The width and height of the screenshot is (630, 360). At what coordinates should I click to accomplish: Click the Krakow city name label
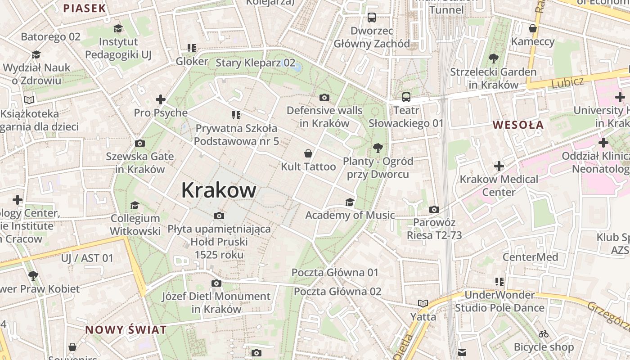point(219,190)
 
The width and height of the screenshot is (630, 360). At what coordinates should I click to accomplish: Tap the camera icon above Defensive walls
point(324,97)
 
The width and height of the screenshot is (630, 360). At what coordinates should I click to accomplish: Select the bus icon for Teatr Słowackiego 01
point(406,97)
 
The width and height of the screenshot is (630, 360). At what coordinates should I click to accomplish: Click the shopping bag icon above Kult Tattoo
point(308,153)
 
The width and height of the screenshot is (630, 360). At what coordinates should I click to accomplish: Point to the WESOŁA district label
point(518,125)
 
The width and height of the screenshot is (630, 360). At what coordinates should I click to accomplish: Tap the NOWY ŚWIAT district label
point(126,329)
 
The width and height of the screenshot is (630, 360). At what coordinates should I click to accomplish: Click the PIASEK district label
point(85,8)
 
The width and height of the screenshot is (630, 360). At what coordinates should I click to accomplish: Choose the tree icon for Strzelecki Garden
point(494,58)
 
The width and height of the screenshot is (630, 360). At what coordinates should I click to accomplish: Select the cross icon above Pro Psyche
point(161,99)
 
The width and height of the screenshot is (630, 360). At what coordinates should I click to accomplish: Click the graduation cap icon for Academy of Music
point(350,202)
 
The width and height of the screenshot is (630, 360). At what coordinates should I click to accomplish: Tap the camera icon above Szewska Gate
point(140,143)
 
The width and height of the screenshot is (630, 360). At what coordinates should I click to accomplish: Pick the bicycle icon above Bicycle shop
point(544,334)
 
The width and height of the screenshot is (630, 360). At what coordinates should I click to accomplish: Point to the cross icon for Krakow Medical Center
point(499,166)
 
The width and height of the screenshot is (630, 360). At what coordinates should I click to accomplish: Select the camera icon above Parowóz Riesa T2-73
point(434,209)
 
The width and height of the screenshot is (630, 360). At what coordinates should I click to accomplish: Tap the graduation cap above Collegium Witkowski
point(135,205)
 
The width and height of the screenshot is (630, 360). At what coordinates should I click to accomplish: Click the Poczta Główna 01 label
point(335,272)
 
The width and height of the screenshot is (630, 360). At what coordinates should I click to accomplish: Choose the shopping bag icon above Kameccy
point(533,28)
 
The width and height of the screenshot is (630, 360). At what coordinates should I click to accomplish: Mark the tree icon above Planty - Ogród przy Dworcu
point(378,148)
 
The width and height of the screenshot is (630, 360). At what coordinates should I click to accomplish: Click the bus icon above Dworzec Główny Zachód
point(372,18)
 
